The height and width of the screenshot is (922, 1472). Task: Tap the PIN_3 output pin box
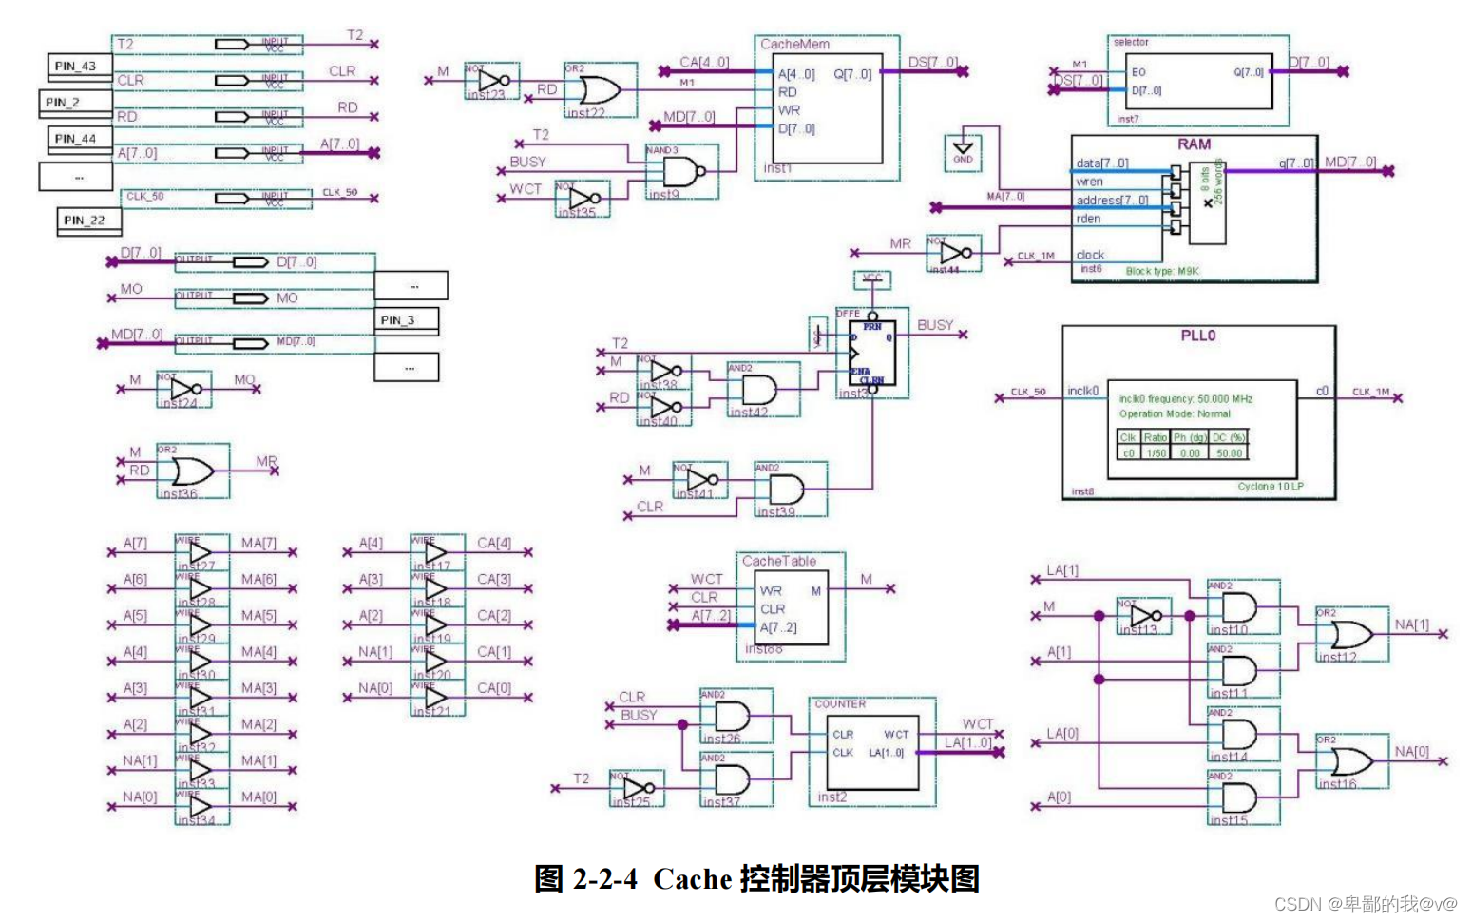(406, 320)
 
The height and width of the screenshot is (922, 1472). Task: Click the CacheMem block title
(794, 44)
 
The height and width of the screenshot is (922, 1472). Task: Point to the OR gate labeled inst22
(600, 91)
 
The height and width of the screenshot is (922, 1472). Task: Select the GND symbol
(963, 150)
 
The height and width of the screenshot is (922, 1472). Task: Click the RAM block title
(1194, 144)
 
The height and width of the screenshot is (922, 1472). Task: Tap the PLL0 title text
(1197, 336)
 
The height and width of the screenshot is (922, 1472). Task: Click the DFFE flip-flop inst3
(871, 354)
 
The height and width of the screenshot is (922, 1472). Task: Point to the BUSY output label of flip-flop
(934, 325)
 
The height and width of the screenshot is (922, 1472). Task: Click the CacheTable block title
(778, 561)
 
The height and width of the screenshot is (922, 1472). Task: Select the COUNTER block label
(839, 704)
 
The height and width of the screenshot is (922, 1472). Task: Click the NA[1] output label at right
(1411, 624)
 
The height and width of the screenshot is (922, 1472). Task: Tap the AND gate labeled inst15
(1239, 797)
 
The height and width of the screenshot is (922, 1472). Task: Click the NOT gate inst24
(185, 389)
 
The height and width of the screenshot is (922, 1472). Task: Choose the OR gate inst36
(193, 471)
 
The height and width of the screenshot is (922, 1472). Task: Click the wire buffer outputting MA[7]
(201, 552)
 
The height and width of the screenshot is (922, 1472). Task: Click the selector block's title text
(1130, 42)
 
